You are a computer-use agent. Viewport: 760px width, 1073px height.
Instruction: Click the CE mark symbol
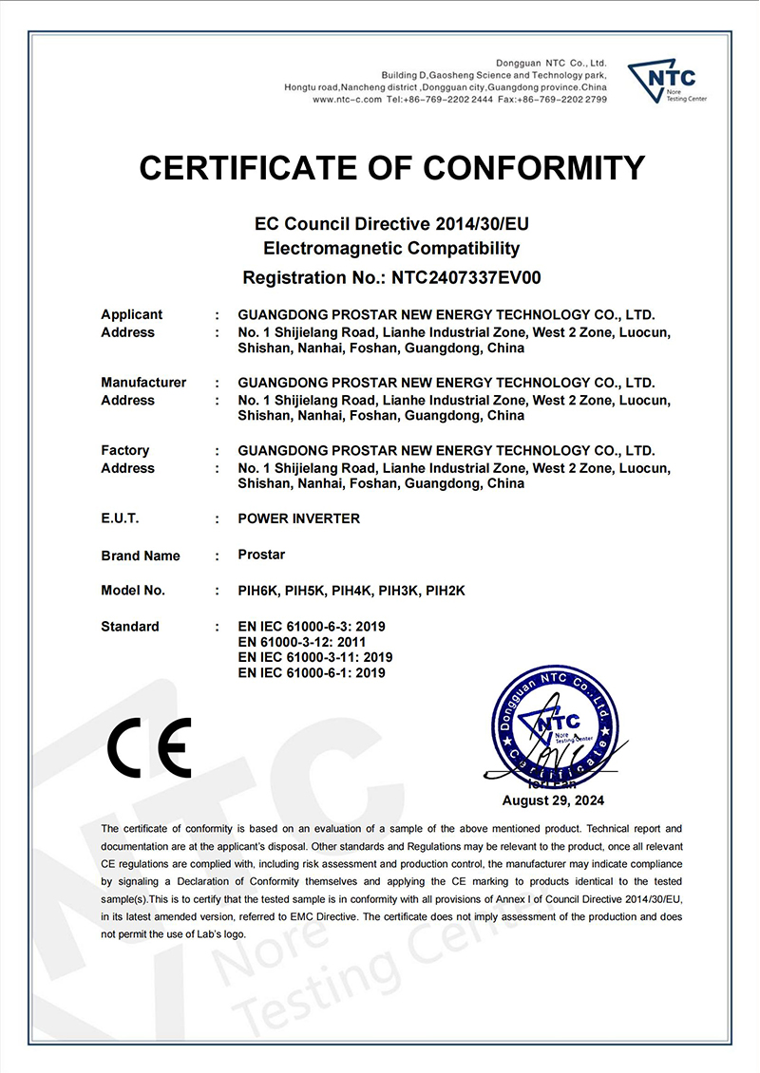(x=149, y=747)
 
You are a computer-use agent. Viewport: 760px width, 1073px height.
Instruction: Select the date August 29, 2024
(x=553, y=800)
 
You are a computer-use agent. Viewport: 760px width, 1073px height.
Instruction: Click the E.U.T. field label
(x=120, y=518)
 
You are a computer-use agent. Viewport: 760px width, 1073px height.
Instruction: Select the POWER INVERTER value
(x=298, y=518)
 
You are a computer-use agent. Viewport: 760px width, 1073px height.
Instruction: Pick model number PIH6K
(x=256, y=591)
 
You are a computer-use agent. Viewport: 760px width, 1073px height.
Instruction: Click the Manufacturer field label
(x=143, y=383)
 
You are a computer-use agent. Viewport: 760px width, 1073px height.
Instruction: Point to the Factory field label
(x=124, y=450)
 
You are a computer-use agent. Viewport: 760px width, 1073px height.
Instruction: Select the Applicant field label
(x=131, y=314)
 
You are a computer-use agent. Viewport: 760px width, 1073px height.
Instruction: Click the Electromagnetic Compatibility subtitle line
(x=391, y=249)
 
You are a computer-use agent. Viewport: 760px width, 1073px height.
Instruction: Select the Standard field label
(x=130, y=627)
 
